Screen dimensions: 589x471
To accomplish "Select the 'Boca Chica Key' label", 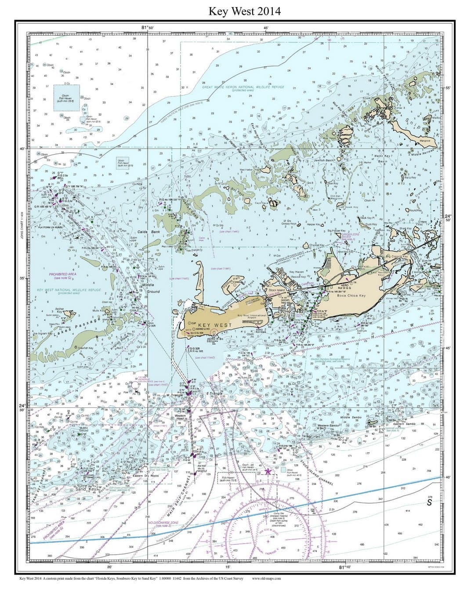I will click(351, 296).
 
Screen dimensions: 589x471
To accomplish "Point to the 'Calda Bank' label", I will click(149, 232).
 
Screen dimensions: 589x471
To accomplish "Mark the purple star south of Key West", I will click(268, 471).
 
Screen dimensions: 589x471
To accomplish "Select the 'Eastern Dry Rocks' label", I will click(145, 476).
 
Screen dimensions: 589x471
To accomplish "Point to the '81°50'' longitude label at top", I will click(147, 28).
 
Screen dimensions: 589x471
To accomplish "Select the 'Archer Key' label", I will click(60, 310).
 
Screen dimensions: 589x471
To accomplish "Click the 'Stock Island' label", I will click(277, 290).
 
